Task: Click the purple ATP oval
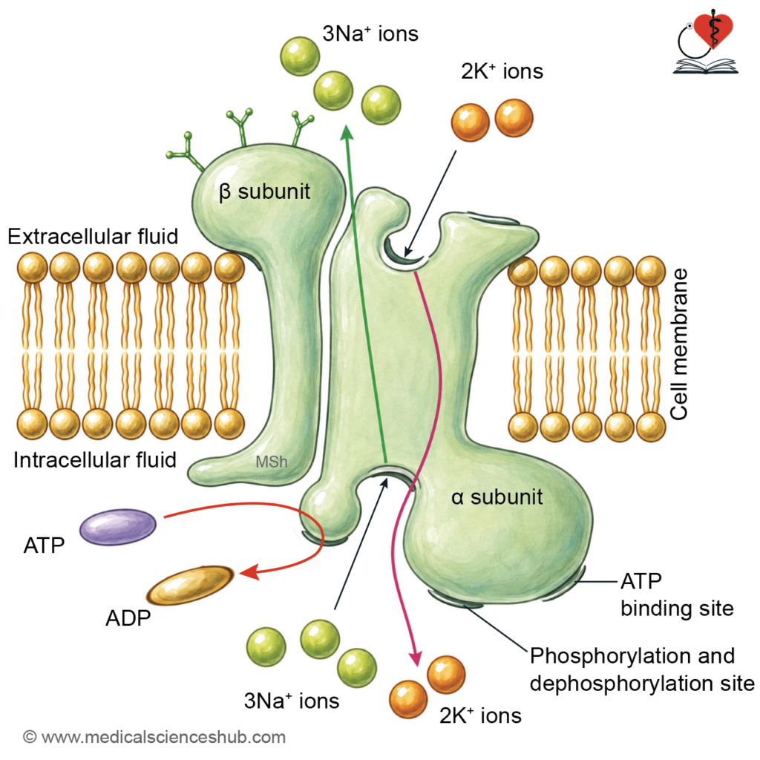point(118,527)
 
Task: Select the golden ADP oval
point(190,585)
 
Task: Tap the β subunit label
point(264,192)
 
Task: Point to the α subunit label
point(497,497)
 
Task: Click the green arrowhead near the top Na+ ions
point(347,133)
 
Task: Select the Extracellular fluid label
point(93,237)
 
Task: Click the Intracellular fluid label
point(95,460)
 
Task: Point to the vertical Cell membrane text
point(678,344)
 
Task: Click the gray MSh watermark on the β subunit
point(272,462)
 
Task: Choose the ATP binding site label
point(677,594)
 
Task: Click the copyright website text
point(154,737)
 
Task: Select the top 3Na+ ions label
point(370,34)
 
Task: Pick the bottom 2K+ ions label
point(480,715)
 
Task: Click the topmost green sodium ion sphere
point(300,56)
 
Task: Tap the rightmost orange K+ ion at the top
point(514,118)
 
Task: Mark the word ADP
point(128,618)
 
